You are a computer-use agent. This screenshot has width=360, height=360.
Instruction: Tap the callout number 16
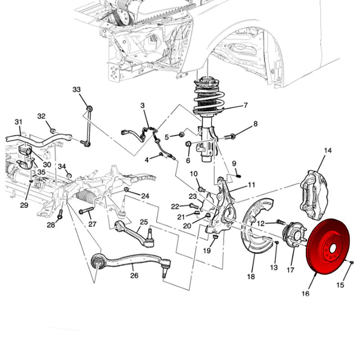pyautogui.click(x=306, y=294)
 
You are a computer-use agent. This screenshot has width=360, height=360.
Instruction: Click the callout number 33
pyautogui.click(x=76, y=90)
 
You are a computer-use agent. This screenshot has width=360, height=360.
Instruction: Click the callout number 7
pyautogui.click(x=246, y=106)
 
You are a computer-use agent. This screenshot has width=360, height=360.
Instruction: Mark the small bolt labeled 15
pyautogui.click(x=351, y=262)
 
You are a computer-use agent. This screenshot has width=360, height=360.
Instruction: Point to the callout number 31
pyautogui.click(x=18, y=122)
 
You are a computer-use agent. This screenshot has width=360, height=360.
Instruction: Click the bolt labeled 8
pyautogui.click(x=229, y=135)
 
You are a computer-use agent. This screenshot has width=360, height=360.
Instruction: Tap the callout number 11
pyautogui.click(x=252, y=184)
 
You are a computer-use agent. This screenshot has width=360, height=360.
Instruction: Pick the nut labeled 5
pyautogui.click(x=181, y=134)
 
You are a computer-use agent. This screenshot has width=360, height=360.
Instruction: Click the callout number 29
pyautogui.click(x=24, y=205)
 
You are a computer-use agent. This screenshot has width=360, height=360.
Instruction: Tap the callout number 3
pyautogui.click(x=143, y=106)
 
